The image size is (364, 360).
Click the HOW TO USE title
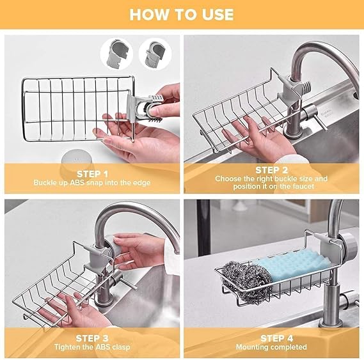coord(182,14)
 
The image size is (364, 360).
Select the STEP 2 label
coord(271,170)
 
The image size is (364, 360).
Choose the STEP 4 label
coord(271,338)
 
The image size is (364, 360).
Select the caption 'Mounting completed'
coord(271,347)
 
